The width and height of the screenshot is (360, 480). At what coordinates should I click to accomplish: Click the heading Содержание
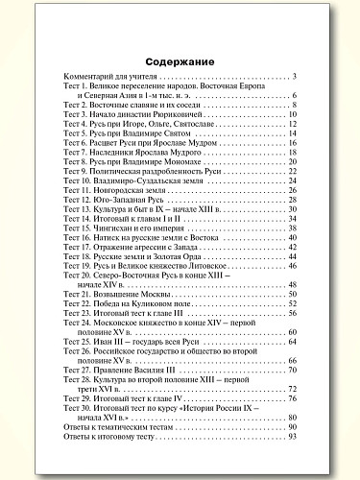pyautogui.click(x=180, y=60)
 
